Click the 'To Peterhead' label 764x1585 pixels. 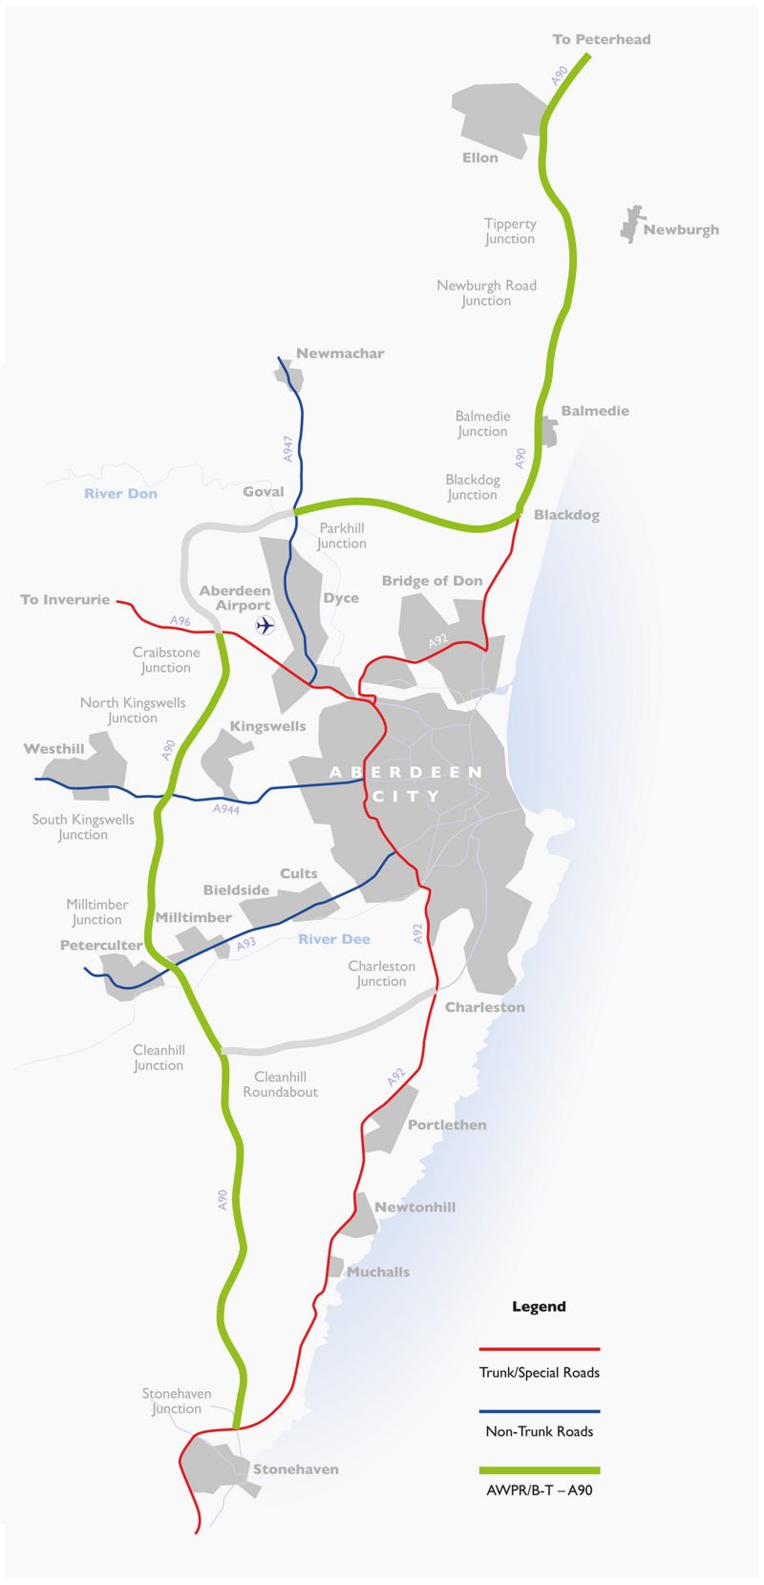pos(601,39)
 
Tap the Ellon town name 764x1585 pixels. pos(480,158)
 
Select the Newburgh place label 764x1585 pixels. pos(681,229)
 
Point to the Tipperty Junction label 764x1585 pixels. pos(510,231)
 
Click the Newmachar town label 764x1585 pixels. pos(340,353)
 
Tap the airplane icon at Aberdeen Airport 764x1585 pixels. pos(265,625)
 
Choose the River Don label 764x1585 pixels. pos(120,494)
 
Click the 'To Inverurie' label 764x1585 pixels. pos(65,600)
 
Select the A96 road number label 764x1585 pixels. pos(180,621)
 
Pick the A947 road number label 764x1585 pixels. pos(288,449)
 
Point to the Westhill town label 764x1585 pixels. pos(54,749)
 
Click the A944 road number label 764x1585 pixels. pos(225,809)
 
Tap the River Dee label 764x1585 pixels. pos(333,939)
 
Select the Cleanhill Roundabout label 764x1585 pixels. pos(280,1084)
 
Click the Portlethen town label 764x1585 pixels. pos(447,1125)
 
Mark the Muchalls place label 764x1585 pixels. pos(378,1273)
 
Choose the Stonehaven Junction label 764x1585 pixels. pos(177,1402)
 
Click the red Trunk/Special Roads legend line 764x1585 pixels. pos(540,1349)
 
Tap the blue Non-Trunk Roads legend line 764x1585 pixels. pos(540,1410)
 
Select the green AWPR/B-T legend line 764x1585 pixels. pos(540,1470)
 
